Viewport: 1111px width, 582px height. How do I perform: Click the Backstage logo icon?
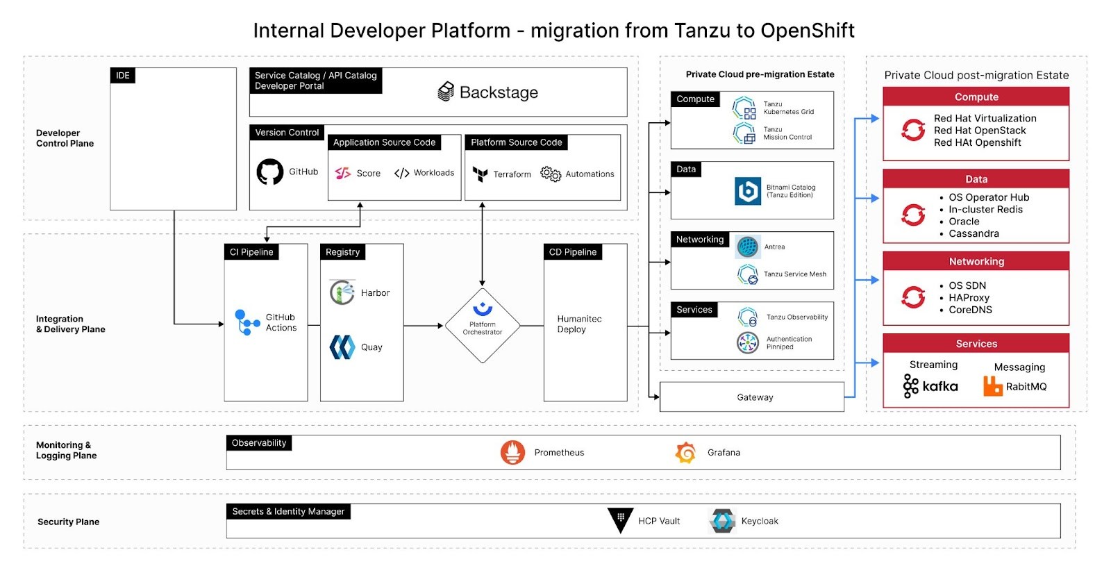446,92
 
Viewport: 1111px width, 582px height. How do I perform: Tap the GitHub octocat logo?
270,172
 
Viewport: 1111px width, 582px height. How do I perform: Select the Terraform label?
512,174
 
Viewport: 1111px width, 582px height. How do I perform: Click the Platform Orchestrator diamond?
483,325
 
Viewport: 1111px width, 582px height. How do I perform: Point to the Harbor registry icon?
342,292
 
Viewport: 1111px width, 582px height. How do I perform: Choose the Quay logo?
342,347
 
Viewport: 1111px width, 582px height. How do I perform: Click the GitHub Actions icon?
247,322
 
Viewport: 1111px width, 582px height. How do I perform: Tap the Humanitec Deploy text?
579,324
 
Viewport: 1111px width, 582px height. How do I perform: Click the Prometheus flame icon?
512,452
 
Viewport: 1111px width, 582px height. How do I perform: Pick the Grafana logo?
686,452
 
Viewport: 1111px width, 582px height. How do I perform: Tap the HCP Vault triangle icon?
620,520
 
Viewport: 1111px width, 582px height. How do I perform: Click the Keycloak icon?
722,520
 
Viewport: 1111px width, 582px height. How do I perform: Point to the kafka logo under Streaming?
930,386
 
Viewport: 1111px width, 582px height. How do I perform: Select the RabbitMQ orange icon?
993,386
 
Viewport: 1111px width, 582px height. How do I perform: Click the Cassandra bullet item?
974,234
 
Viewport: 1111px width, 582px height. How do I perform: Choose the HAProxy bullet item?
969,298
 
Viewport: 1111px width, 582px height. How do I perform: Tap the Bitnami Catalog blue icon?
748,191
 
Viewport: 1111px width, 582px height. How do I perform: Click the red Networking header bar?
976,262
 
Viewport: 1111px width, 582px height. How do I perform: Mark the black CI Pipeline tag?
251,252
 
